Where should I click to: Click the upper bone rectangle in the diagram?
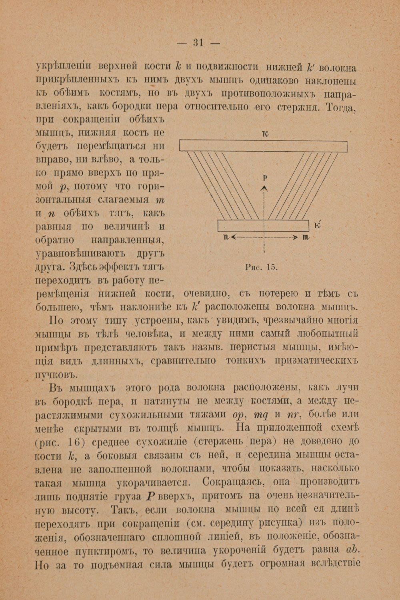coord(263,146)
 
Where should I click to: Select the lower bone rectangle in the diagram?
coord(263,226)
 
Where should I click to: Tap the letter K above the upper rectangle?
coord(264,134)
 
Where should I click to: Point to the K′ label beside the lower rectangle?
coord(318,226)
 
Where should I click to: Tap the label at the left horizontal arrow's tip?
coord(226,238)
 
